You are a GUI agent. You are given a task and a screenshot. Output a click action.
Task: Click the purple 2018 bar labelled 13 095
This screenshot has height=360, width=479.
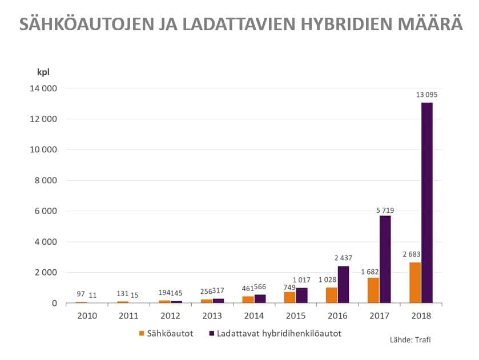(x=427, y=203)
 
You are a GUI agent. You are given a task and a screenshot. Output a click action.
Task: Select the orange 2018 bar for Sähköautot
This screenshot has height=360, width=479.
(x=415, y=282)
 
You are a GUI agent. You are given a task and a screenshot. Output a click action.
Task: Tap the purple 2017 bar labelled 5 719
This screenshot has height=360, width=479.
(x=385, y=259)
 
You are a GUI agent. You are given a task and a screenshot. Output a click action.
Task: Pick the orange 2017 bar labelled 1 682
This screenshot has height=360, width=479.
(x=373, y=290)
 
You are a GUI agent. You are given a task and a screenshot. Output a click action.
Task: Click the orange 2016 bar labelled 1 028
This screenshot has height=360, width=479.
(x=332, y=295)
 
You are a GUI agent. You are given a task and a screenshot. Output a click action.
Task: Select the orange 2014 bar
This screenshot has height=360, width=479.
(x=248, y=299)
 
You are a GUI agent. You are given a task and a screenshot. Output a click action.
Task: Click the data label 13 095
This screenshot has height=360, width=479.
(x=427, y=95)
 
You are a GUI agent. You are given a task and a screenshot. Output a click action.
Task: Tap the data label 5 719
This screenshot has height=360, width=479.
(x=385, y=211)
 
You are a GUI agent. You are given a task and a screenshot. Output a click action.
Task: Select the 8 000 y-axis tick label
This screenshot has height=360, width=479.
(x=43, y=180)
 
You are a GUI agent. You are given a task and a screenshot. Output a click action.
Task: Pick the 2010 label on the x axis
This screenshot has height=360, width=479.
(x=86, y=315)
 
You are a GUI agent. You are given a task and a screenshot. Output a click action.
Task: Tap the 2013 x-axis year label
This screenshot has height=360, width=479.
(x=212, y=315)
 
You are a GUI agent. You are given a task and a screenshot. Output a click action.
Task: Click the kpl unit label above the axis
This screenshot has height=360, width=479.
(x=43, y=72)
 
